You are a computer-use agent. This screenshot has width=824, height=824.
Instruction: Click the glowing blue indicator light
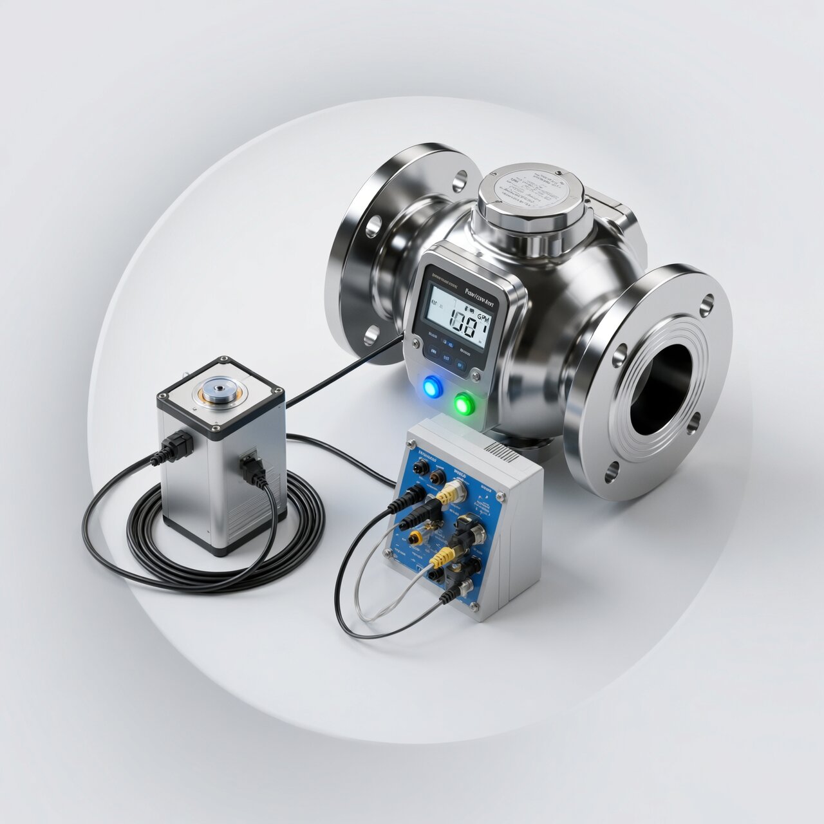[431, 386]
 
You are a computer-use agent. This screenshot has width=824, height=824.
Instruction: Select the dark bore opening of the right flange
[663, 389]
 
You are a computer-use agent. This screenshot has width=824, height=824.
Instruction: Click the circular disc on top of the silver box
[220, 389]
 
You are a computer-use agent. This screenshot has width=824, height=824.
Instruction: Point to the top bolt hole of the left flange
[460, 180]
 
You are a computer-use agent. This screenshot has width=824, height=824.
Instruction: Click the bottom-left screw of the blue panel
[388, 553]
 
